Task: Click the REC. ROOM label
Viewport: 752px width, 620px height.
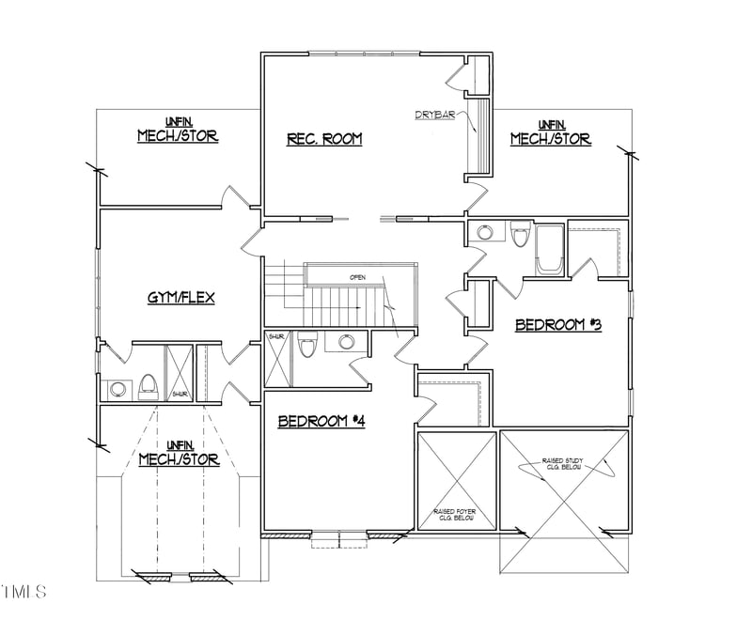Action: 324,139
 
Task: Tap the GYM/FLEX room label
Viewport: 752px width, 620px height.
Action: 181,298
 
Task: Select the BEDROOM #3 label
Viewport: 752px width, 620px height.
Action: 557,325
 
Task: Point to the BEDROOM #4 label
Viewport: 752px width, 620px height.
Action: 321,421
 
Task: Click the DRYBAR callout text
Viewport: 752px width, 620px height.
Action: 434,115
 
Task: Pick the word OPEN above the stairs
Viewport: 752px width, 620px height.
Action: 357,277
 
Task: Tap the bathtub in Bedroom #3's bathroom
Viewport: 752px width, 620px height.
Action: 549,250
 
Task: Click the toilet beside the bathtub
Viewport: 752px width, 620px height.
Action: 520,235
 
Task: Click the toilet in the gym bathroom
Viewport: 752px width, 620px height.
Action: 148,385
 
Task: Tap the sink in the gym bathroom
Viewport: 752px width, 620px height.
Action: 118,387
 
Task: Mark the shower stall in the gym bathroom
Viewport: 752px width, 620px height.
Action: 179,374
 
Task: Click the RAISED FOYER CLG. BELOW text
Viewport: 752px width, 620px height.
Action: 454,514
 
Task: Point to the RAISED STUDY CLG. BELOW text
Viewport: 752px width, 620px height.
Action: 567,463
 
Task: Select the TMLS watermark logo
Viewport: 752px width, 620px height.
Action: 24,592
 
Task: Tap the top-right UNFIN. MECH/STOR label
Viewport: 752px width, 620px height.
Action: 550,132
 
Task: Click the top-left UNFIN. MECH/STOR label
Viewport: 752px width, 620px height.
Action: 178,130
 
